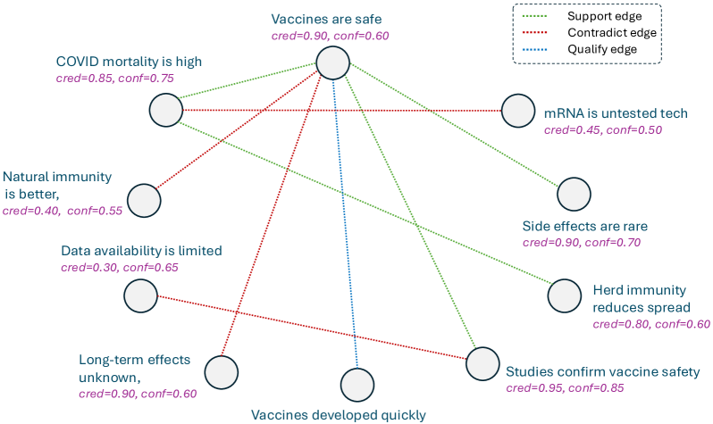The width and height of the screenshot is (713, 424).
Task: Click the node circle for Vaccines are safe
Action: coord(331,63)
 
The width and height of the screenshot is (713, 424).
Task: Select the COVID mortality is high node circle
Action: coord(165,110)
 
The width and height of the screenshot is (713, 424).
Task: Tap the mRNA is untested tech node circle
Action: coord(517,112)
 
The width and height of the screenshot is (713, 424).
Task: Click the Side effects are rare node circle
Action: coord(573,195)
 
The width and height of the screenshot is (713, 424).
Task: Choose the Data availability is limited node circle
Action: coord(140,295)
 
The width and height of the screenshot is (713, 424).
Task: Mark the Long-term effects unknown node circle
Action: coord(221,371)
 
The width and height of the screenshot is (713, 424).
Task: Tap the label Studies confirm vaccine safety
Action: coord(602,371)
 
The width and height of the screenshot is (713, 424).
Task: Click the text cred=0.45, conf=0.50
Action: coord(603,130)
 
